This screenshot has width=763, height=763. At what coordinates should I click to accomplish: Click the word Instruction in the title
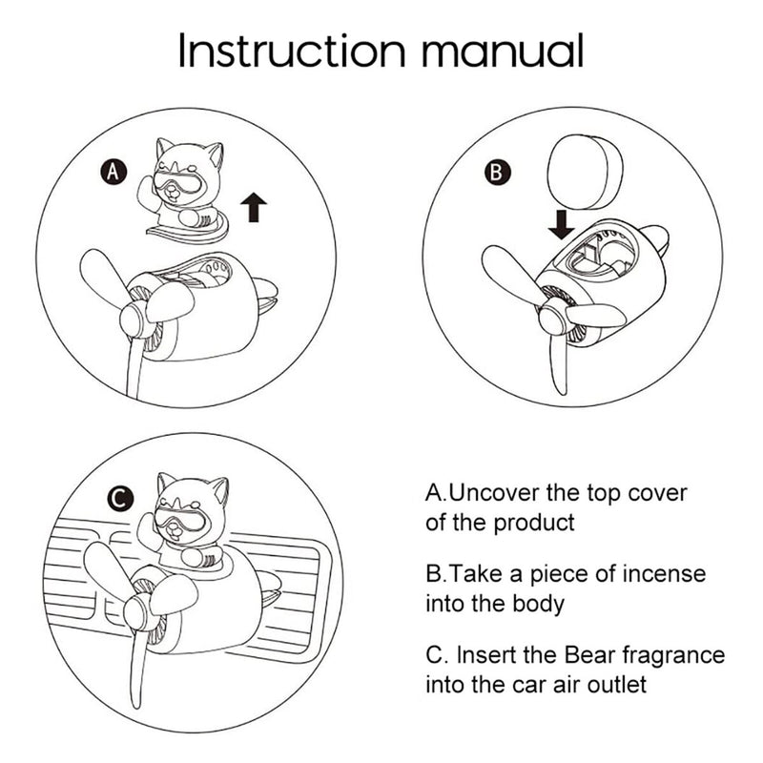pos(292,51)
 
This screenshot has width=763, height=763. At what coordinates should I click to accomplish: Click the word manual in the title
pos(503,51)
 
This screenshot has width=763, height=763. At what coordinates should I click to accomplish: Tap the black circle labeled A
pos(113,172)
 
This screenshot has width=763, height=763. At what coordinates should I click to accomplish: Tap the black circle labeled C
pos(120,498)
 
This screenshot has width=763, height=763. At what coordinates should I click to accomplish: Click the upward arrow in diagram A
pos(254,207)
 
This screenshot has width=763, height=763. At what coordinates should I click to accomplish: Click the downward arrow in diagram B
pos(562,224)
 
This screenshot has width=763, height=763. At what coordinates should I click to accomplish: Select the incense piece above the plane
pos(586,172)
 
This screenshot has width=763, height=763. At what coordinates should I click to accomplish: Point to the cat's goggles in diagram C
pos(180,520)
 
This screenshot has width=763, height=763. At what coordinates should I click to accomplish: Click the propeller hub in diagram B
pos(551,317)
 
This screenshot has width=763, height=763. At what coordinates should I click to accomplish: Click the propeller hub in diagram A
pos(133,320)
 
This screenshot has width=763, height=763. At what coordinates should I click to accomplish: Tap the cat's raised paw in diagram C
pos(149,531)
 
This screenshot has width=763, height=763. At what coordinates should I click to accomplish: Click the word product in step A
pos(534,523)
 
